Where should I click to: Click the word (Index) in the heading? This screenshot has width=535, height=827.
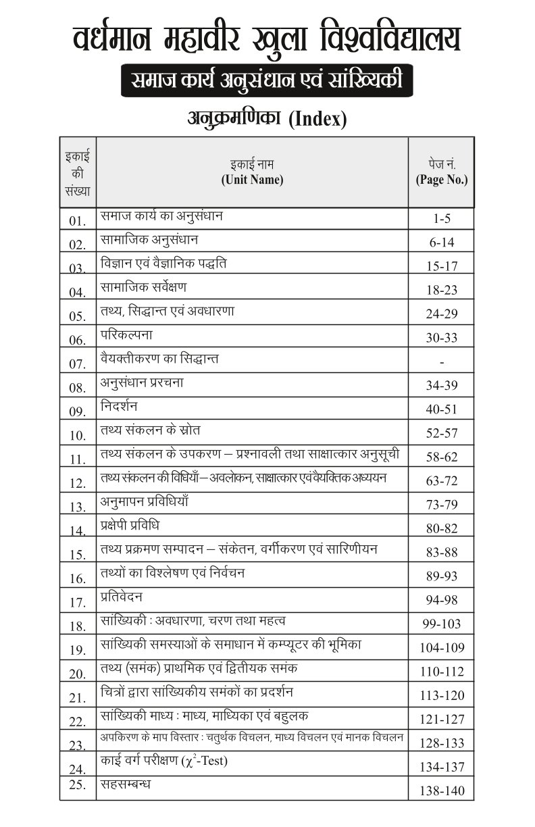[317, 120]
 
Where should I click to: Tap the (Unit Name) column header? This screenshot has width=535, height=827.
[252, 180]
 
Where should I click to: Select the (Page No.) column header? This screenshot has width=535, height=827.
[442, 180]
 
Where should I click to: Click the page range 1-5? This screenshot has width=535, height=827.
[442, 219]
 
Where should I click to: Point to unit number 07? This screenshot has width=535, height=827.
[78, 364]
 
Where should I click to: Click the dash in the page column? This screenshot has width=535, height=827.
[442, 362]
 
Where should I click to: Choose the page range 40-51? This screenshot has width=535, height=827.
[442, 409]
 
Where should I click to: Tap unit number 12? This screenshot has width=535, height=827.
[78, 482]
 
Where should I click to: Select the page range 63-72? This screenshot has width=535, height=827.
[442, 481]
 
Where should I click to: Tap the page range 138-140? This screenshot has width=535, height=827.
[442, 789]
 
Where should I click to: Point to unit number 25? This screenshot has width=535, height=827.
[78, 784]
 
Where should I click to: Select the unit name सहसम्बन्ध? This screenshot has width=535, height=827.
[126, 784]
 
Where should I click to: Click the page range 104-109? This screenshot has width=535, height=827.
[442, 647]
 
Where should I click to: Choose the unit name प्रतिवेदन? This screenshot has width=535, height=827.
[122, 597]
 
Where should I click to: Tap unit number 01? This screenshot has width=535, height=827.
[78, 221]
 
